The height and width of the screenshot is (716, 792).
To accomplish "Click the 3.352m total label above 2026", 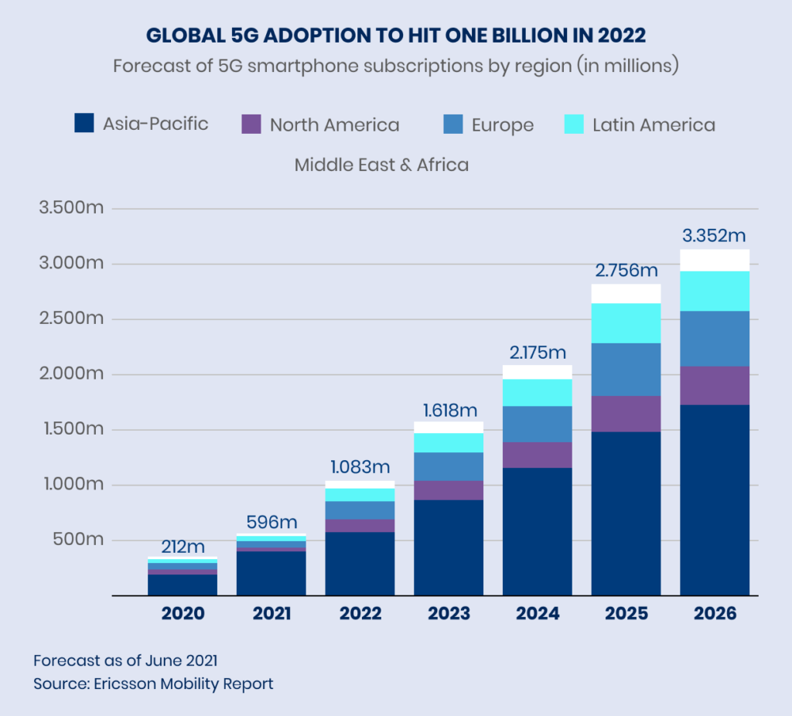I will pos(714,236).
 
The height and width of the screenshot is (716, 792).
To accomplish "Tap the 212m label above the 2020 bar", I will pos(183,547).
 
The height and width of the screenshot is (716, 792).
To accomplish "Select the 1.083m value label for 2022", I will pos(360,467).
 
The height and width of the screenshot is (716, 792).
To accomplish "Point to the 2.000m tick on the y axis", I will pos(69,374).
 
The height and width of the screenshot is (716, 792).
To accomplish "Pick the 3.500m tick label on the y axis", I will pos(69,209).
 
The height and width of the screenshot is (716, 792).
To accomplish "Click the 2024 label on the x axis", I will pos(538,614).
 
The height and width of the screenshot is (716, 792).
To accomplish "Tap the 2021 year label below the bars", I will pos(271,614).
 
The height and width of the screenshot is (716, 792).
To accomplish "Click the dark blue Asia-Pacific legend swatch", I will pos(84,123).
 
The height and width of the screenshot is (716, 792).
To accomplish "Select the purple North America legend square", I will pos(251,124).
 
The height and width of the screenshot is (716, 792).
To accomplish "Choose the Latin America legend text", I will pos(654,124).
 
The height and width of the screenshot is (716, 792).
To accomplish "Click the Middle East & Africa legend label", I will pos(381,165).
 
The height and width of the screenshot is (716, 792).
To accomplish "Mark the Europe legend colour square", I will pos(453,124).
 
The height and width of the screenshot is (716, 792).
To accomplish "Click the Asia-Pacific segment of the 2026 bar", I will pos(714,499).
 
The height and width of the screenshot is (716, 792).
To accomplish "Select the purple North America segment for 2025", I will pos(626,413).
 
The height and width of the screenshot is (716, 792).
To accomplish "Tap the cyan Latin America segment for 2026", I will pos(714,291).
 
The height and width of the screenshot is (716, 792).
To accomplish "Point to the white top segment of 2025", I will pos(626,294).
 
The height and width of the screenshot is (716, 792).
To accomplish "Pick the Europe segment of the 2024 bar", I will pos(538,424).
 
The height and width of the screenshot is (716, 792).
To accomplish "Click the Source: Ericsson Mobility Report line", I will pos(153,684).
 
